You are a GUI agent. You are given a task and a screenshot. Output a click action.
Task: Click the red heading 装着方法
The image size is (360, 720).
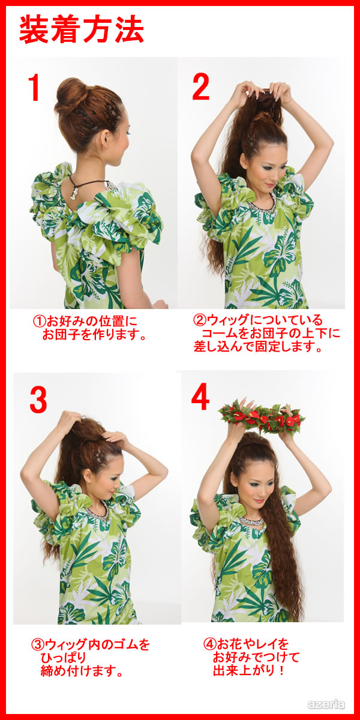82,30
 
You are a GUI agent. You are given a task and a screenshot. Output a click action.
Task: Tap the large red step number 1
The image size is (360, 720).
34,88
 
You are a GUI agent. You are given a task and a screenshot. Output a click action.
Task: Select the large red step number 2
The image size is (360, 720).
201,86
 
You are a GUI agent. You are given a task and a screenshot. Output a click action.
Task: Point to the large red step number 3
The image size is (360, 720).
38,399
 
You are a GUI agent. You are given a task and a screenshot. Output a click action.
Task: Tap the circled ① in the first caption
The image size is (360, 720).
39,321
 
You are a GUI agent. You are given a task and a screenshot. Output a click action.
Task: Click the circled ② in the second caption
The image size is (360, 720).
199,320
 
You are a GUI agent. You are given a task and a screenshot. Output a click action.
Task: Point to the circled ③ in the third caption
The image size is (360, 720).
37,635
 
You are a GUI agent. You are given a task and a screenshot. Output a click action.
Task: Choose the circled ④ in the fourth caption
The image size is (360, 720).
209,635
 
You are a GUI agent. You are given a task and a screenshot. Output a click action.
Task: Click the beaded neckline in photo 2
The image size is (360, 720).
263,204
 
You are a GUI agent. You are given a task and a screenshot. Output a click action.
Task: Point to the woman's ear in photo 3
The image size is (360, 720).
87,475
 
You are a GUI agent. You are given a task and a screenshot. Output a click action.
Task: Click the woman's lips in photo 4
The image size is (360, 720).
259,501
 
